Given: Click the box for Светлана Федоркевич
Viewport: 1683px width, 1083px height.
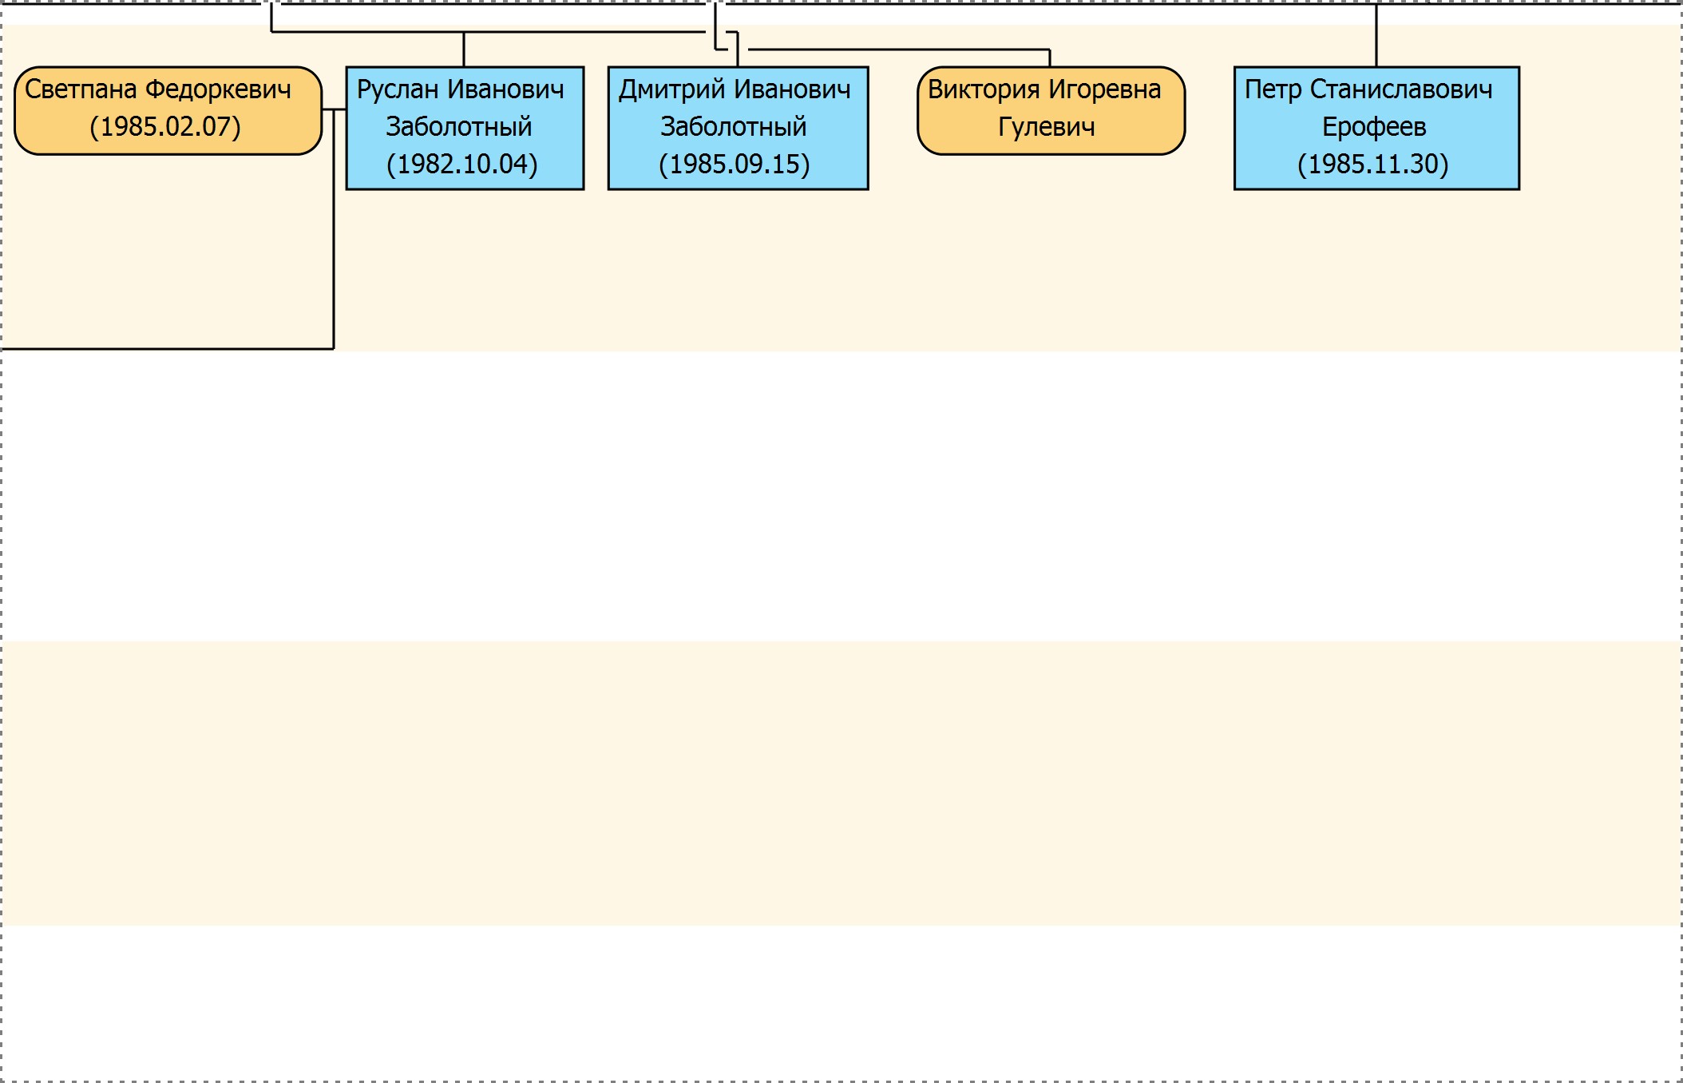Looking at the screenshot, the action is tap(168, 110).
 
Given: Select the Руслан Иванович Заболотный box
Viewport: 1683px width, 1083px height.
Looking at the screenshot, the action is tap(465, 128).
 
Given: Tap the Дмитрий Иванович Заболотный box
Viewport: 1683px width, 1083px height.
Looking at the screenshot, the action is tap(738, 128).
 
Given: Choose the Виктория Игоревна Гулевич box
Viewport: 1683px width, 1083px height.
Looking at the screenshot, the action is tap(1051, 110).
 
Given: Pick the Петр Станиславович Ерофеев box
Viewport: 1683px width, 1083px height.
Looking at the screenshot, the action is tap(1376, 128).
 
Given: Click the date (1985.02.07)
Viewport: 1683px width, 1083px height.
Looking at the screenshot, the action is tap(165, 127).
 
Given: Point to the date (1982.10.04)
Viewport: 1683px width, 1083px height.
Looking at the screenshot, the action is tap(462, 165).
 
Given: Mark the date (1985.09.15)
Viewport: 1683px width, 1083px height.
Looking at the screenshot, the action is tap(735, 165).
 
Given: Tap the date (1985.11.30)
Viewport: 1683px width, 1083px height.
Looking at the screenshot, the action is tap(1373, 165).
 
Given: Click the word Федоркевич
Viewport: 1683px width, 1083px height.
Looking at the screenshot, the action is tap(218, 89).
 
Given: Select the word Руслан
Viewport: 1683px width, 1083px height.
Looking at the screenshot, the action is tap(396, 89).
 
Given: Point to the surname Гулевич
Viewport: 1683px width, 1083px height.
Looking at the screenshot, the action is tap(1047, 127).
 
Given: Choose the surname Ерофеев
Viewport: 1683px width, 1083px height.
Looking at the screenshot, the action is tap(1374, 127).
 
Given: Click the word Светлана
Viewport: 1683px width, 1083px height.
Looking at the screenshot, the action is tap(81, 89).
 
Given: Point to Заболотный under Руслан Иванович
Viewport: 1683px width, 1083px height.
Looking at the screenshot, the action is tap(459, 127).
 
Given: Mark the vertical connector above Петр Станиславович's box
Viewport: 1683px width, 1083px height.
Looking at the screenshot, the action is tap(1376, 35).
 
